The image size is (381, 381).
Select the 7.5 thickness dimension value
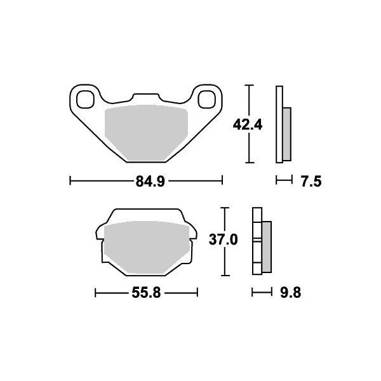(x=311, y=182)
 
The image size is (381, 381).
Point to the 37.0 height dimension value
(x=224, y=240)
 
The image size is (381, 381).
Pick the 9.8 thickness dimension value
(x=289, y=293)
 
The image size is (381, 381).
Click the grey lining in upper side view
(x=286, y=133)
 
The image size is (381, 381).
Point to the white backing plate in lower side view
(x=257, y=241)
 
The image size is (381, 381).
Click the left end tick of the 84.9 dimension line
(x=69, y=182)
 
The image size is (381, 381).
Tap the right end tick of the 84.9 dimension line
(x=222, y=182)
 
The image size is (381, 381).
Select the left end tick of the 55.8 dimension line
(x=95, y=293)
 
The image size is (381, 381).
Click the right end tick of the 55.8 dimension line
(x=197, y=293)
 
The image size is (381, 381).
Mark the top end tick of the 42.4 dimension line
(x=251, y=85)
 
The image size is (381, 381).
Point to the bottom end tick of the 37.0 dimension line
(x=224, y=276)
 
